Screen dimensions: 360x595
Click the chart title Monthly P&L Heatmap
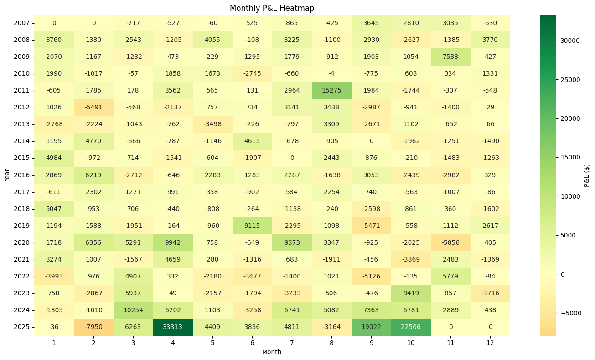(x=272, y=8)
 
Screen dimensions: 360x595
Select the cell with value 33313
(x=173, y=327)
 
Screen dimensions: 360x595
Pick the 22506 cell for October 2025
(x=411, y=327)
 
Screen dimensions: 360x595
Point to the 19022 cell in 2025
(x=371, y=327)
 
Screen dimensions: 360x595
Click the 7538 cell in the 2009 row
(x=450, y=57)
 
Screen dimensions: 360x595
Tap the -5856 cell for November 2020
(x=450, y=242)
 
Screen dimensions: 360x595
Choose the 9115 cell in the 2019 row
(x=252, y=226)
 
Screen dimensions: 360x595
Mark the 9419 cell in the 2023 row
(x=411, y=293)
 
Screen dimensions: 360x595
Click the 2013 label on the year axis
(x=21, y=124)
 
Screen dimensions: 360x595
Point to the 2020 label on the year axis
(x=21, y=242)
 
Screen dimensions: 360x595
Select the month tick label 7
(x=292, y=342)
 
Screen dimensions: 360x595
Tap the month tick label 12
(x=490, y=342)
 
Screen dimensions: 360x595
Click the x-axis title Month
(x=272, y=352)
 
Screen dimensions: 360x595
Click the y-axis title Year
(x=7, y=175)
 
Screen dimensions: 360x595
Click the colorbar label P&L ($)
(x=587, y=175)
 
